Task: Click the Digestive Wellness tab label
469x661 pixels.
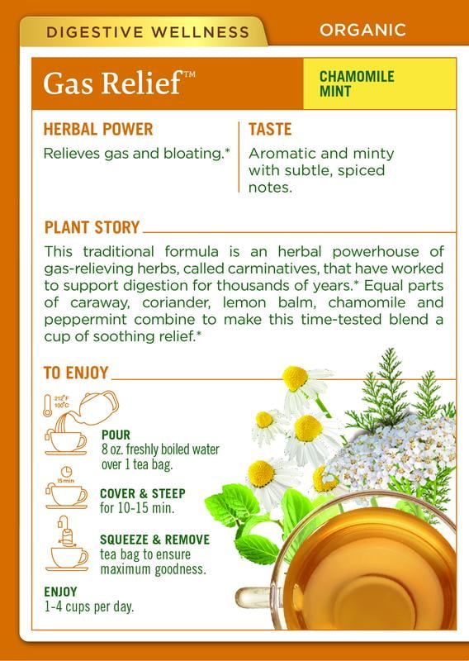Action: click(x=148, y=32)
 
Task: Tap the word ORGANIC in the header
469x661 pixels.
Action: click(x=362, y=30)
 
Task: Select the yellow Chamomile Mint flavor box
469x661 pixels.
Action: click(x=380, y=83)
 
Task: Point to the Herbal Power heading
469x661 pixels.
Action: click(x=98, y=130)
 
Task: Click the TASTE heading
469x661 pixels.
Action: click(x=270, y=130)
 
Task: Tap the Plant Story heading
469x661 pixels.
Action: click(x=92, y=227)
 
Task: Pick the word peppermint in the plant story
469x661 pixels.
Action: click(x=85, y=320)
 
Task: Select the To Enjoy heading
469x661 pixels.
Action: click(x=76, y=373)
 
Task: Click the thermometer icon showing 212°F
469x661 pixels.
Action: click(x=48, y=406)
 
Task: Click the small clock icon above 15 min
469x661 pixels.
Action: click(x=67, y=472)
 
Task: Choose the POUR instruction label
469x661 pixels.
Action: click(x=116, y=435)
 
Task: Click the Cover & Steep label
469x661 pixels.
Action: click(x=142, y=493)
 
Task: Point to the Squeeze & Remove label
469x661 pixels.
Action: click(x=154, y=540)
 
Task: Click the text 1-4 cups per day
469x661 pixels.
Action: click(x=89, y=606)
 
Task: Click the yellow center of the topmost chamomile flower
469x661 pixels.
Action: click(x=295, y=378)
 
